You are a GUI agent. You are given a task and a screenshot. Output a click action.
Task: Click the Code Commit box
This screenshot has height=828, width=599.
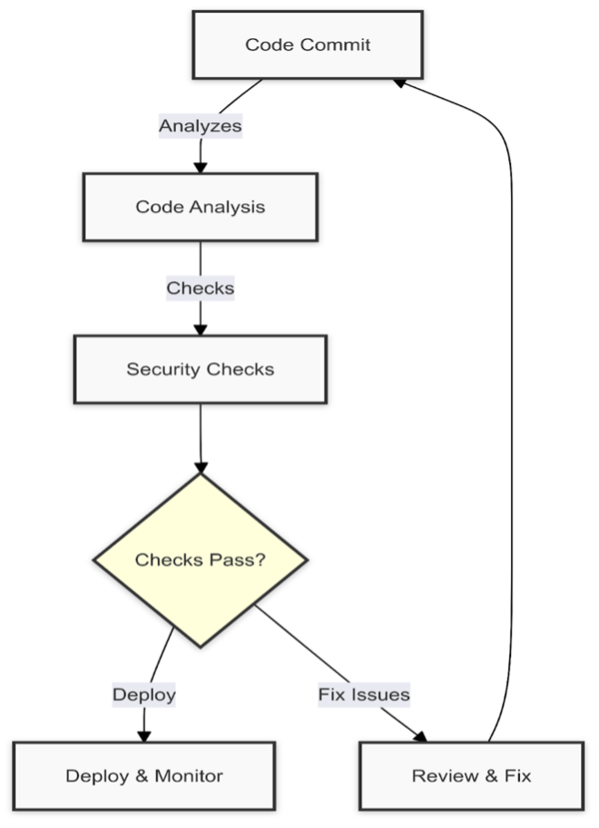point(308,44)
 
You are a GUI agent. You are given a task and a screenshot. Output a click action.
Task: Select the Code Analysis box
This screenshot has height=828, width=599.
point(201,207)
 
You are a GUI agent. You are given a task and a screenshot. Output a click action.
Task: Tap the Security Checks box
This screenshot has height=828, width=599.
point(200,369)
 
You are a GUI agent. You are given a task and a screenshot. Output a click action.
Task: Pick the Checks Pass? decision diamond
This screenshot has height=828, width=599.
point(201,560)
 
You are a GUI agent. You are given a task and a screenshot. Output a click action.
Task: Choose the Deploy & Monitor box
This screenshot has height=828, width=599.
point(143,775)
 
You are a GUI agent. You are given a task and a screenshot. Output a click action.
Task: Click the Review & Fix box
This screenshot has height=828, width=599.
point(471,775)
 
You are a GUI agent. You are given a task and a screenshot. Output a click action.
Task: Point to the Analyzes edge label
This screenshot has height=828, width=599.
point(201,126)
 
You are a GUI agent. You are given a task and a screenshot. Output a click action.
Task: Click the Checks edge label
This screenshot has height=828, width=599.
point(201,288)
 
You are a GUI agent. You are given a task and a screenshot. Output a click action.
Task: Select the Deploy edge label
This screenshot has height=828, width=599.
point(143,695)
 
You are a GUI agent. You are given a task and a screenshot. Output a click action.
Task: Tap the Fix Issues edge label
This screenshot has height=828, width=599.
point(364,695)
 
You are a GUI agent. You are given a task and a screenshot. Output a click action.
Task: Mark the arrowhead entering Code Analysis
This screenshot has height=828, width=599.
point(201,167)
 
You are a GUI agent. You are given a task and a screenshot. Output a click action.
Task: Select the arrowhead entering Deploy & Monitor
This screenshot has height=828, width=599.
point(143,735)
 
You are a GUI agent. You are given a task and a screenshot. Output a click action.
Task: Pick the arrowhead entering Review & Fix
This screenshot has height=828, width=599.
point(420,734)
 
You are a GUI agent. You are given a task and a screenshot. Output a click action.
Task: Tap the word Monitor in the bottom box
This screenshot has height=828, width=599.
point(189,775)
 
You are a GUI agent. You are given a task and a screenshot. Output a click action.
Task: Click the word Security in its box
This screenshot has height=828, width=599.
point(163,369)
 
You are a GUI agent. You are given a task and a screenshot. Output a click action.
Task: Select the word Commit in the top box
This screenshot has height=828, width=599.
point(339,44)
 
